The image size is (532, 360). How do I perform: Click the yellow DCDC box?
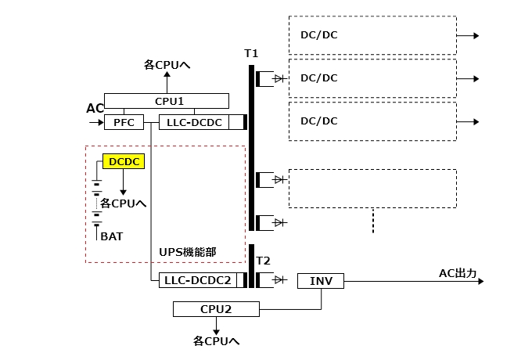(122, 162)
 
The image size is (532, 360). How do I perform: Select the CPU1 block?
(166, 101)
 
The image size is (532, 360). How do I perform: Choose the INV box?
(320, 280)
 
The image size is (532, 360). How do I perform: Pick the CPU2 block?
(215, 310)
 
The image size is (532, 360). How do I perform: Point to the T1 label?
(251, 53)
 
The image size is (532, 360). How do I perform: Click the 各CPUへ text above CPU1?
(167, 65)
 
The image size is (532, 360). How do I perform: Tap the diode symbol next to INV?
(279, 280)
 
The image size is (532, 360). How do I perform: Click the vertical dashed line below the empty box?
(372, 220)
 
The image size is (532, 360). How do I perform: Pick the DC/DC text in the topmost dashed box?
(318, 34)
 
